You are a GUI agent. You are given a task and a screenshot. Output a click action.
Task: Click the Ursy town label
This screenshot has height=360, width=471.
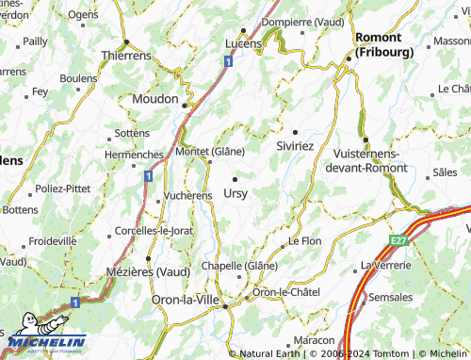coord(236,193)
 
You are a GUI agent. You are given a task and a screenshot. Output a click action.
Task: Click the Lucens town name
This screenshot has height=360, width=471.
coord(243,43)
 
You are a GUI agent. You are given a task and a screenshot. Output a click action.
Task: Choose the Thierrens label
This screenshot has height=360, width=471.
coord(125,56)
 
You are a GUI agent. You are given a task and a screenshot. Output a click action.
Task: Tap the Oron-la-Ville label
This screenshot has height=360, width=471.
coord(185,300)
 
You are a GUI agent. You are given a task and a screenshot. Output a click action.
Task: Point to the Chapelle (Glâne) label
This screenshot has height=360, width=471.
coord(247,266)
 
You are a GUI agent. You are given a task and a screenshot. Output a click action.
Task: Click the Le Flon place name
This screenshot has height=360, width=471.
coord(305,241)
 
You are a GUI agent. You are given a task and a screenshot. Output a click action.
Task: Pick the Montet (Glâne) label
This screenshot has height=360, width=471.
coord(210,152)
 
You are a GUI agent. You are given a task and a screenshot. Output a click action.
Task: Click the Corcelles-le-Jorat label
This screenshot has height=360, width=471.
coord(152,230)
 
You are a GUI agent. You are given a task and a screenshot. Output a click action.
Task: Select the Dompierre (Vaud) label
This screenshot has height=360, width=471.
coord(299,22)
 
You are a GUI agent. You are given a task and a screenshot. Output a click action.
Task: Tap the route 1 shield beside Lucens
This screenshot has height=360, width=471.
coord(229,61)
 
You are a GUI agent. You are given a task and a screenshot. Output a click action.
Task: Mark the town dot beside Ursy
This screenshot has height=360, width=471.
coord(235,177)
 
